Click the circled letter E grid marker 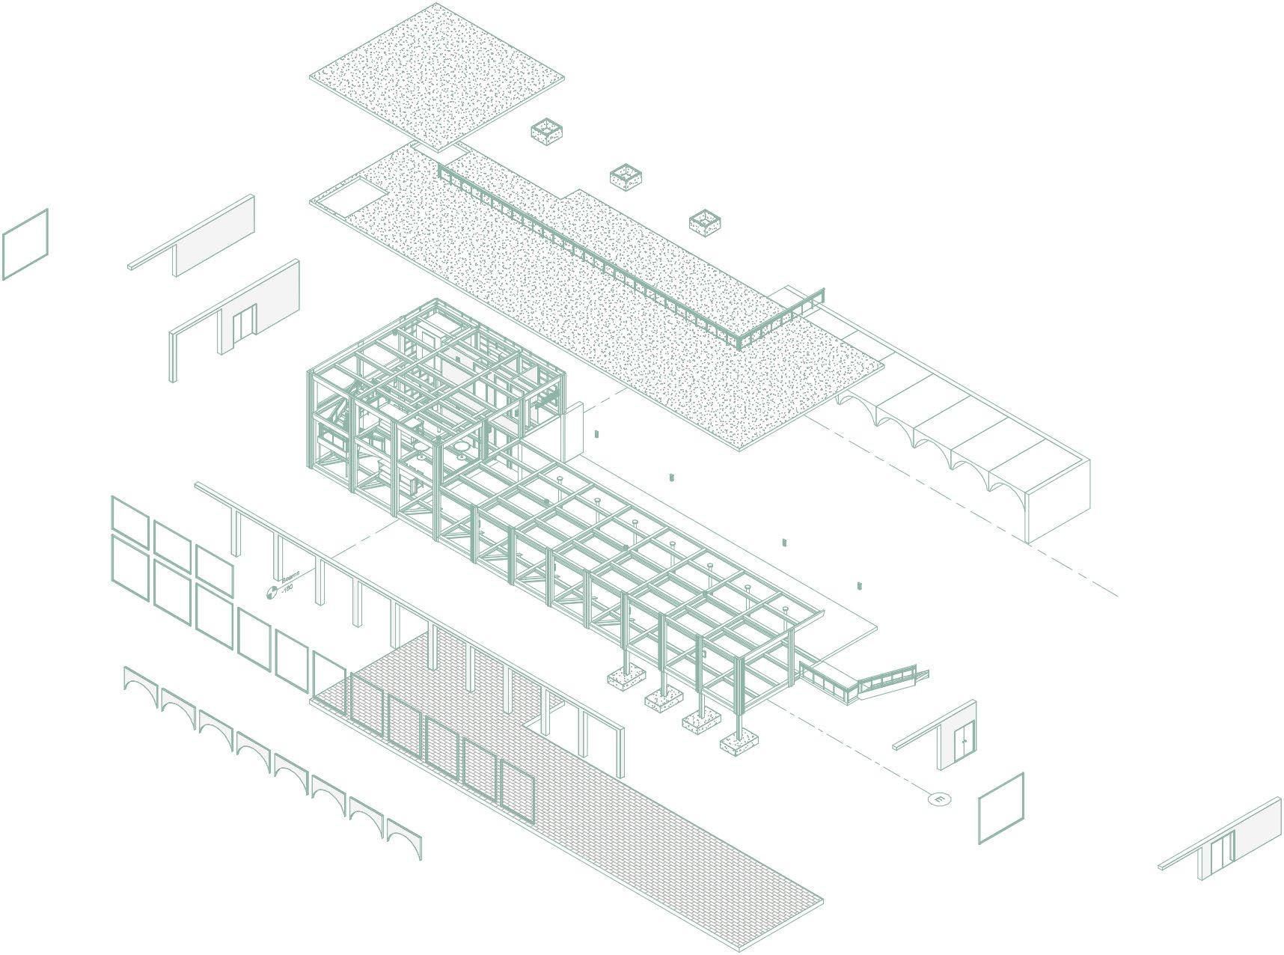point(939,799)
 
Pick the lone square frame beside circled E point(1001,808)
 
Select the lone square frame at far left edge point(25,244)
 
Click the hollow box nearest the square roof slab point(546,132)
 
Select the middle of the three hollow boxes point(626,177)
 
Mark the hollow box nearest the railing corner point(705,222)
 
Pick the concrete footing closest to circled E point(739,744)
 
